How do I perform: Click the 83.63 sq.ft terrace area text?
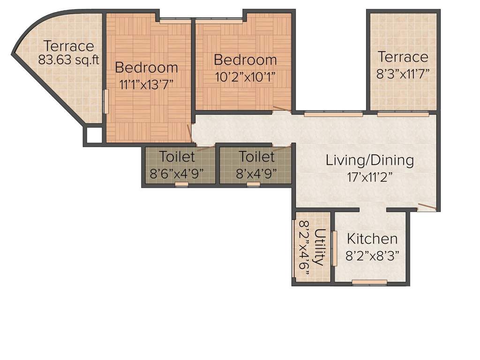tap(67, 60)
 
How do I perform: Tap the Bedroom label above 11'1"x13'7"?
tap(146, 67)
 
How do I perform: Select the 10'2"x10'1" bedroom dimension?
tap(245, 77)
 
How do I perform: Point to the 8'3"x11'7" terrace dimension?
tap(403, 73)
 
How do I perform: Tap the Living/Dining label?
tap(370, 161)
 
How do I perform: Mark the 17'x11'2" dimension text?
tap(370, 178)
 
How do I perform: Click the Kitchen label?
tap(372, 239)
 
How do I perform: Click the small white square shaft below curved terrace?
tap(93, 135)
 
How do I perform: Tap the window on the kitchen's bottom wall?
tap(369, 282)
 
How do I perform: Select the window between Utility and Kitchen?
tap(334, 248)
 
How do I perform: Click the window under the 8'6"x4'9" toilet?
tap(181, 184)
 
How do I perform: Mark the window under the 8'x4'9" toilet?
tap(253, 184)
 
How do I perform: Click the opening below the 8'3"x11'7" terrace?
tap(403, 114)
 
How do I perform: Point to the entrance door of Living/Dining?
tap(427, 207)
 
